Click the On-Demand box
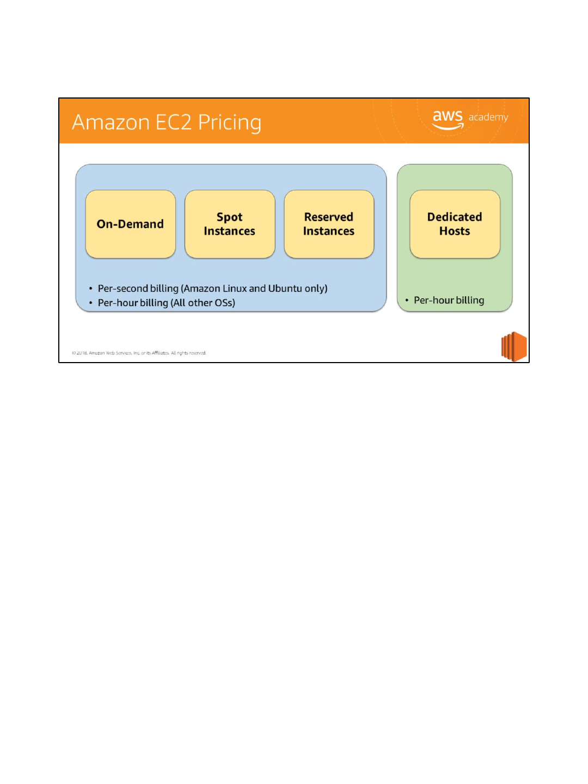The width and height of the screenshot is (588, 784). tap(131, 224)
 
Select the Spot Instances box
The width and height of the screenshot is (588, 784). tap(230, 224)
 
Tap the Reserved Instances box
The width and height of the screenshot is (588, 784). tap(329, 224)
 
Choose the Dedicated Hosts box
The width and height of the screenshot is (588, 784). tap(455, 224)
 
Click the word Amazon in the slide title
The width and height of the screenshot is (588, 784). tap(111, 122)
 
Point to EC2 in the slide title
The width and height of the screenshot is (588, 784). tap(173, 122)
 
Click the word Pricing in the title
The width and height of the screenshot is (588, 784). tap(229, 123)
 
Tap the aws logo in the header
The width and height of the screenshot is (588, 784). tap(448, 119)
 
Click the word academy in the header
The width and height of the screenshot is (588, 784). tap(488, 117)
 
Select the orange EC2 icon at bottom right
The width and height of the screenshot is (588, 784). tap(514, 347)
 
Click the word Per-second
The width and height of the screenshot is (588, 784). tap(122, 289)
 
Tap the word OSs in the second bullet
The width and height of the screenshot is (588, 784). tap(224, 303)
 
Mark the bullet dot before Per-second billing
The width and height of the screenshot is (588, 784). tap(91, 289)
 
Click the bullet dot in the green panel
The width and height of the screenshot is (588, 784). tap(407, 300)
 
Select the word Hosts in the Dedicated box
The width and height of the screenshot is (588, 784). tap(455, 231)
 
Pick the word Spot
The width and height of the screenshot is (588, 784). tap(230, 217)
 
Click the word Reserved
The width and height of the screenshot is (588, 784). tap(329, 217)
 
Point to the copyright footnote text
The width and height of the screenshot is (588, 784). tap(139, 353)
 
